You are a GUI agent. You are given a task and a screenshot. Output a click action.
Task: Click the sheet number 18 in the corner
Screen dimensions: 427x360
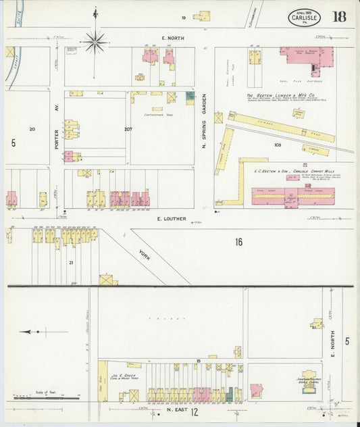click(338, 16)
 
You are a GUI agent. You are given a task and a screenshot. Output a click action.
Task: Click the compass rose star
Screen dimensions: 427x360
click(95, 42)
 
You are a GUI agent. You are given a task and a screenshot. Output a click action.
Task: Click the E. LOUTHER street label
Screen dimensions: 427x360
click(167, 219)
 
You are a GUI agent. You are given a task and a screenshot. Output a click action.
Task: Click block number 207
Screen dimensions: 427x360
click(128, 128)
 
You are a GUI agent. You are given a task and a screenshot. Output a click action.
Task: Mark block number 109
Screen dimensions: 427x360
click(277, 145)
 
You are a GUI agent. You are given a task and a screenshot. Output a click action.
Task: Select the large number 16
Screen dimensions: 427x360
click(238, 242)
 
